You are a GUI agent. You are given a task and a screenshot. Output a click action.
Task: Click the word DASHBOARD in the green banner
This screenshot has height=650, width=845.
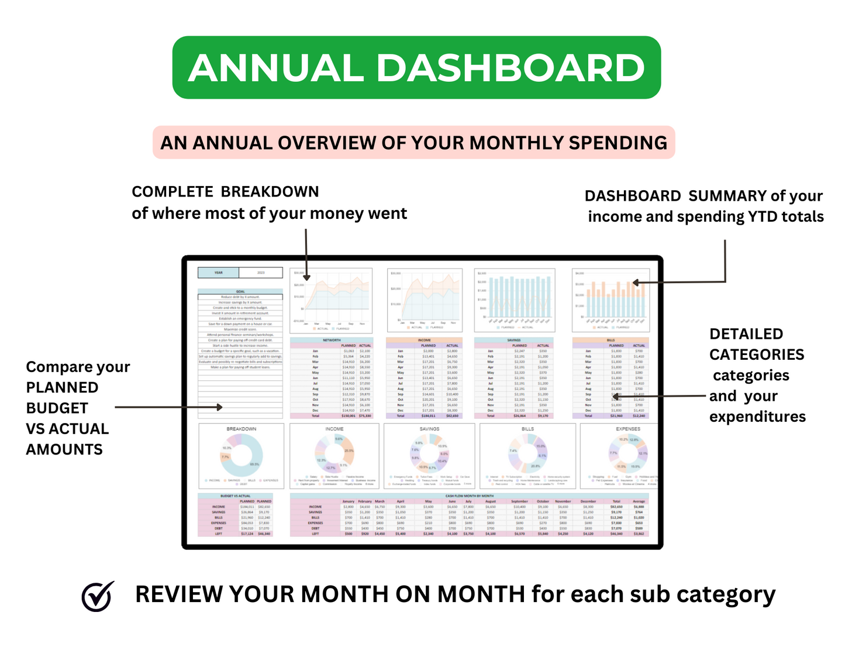510,68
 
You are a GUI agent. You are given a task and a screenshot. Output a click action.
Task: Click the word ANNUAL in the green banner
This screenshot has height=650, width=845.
276,68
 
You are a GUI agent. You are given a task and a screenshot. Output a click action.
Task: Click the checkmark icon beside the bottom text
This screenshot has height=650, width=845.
97,596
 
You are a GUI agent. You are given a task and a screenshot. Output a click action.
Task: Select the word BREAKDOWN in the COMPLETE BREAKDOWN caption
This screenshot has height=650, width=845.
270,192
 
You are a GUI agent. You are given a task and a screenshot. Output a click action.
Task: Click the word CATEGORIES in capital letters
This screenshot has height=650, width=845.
757,355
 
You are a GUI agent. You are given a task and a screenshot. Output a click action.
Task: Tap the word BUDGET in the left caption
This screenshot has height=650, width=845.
57,408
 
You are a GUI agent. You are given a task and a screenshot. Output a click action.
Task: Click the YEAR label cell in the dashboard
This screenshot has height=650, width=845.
218,273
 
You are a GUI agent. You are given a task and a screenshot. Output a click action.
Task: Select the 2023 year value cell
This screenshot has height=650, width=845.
261,273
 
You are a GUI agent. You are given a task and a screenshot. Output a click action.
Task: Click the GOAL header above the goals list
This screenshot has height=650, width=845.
240,291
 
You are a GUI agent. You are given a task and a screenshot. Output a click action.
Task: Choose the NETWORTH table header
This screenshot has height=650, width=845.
332,340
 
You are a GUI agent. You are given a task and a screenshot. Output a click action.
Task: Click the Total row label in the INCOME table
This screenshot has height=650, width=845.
401,416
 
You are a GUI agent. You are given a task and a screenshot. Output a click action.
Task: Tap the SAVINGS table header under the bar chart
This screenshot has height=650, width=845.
514,340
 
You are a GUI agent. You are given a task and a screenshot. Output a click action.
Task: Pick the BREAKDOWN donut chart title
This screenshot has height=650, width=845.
242,429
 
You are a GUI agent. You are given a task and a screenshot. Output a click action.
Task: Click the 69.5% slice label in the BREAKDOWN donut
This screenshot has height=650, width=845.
254,464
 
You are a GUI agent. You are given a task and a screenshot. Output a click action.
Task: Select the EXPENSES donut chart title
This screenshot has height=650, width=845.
627,429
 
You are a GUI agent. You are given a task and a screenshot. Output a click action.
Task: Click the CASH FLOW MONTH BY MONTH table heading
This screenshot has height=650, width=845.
470,496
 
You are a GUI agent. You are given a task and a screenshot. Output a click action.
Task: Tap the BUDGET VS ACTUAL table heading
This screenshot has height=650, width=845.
235,496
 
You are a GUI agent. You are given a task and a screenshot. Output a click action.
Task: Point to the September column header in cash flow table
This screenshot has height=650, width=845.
519,501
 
